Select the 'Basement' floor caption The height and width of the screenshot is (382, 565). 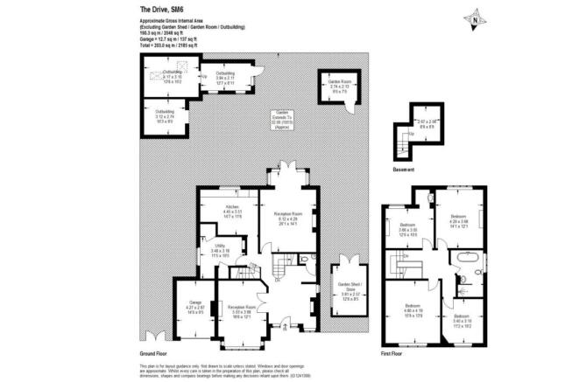[404, 169]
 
